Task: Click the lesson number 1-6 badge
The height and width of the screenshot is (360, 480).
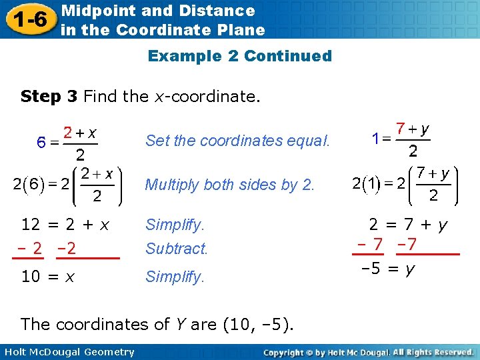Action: (x=28, y=19)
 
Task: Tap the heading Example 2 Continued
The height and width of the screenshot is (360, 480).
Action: (x=239, y=56)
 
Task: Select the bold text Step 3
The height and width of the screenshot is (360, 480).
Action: (x=49, y=97)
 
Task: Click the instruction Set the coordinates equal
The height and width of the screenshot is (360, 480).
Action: (x=237, y=140)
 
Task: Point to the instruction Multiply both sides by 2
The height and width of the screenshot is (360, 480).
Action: (x=229, y=185)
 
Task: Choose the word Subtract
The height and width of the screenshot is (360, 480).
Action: (x=177, y=249)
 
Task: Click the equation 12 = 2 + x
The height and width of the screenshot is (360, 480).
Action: (x=65, y=225)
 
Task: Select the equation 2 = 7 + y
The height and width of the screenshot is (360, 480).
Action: (x=409, y=225)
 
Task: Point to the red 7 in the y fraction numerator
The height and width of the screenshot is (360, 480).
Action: (x=400, y=127)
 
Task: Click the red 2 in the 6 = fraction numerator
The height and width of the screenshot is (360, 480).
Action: (x=68, y=133)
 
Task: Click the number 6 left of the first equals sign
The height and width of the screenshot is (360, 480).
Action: (x=41, y=143)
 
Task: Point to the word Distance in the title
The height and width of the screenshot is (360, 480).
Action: (x=223, y=11)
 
